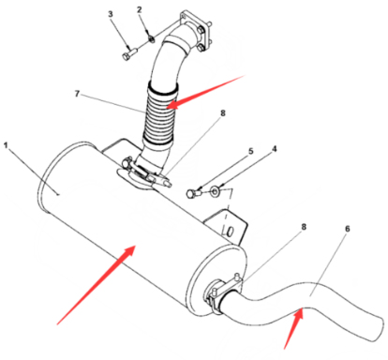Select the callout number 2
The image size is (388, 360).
pyautogui.click(x=140, y=10)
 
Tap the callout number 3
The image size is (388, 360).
pyautogui.click(x=110, y=14)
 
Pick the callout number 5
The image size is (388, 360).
pyautogui.click(x=250, y=151)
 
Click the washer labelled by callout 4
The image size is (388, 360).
pyautogui.click(x=216, y=191)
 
